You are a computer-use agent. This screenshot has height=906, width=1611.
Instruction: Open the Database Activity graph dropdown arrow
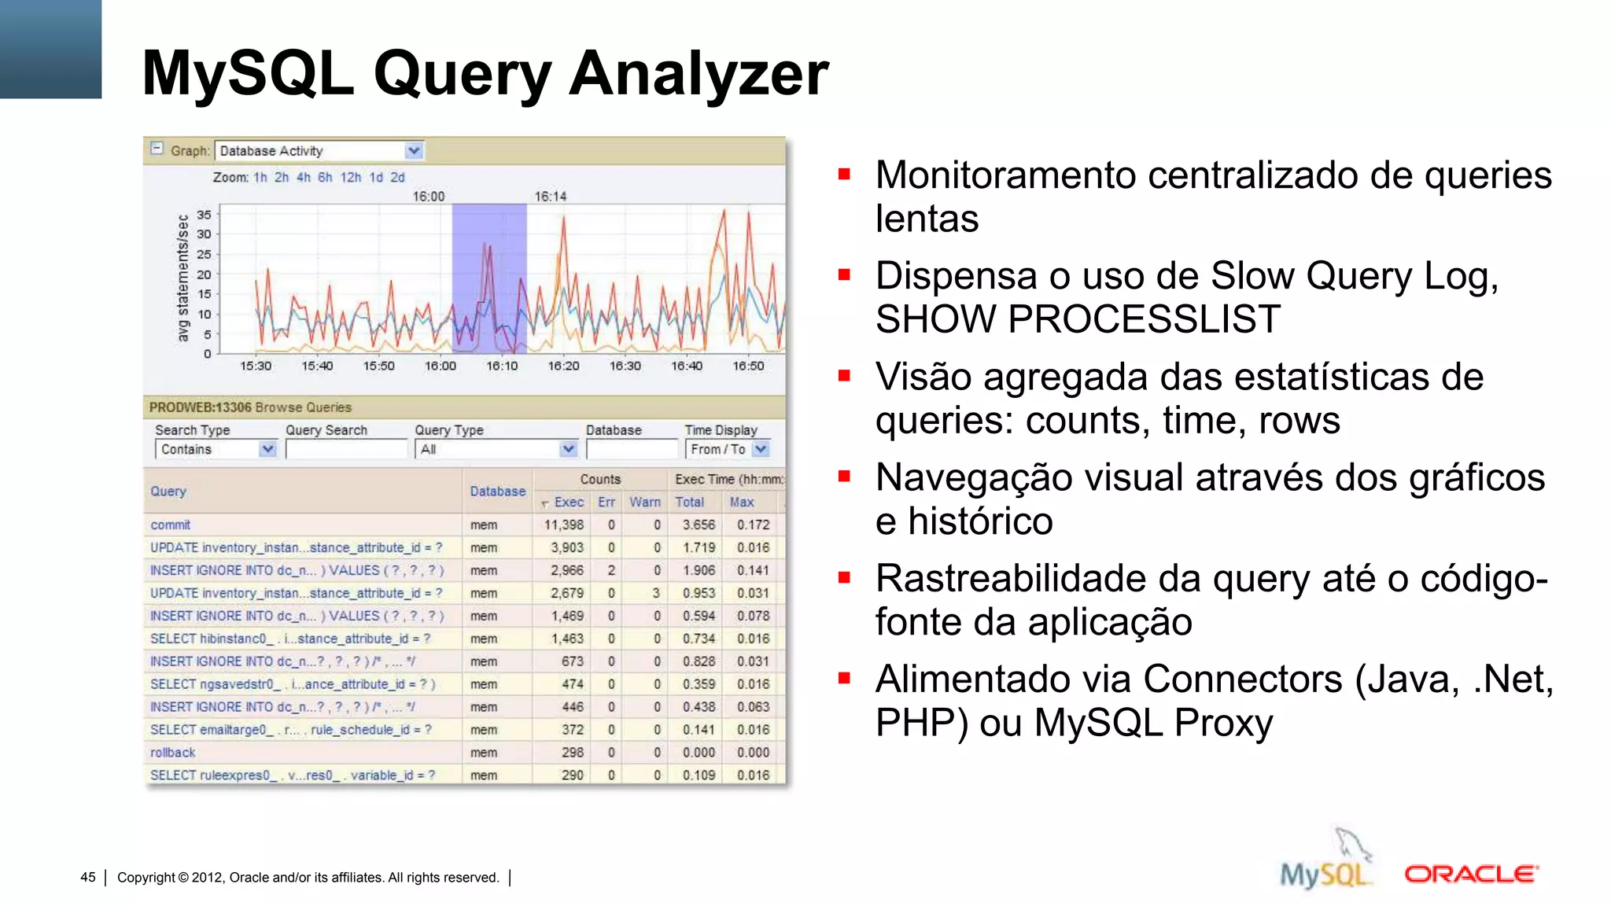(x=414, y=150)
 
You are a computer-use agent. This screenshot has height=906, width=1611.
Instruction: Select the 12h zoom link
(x=350, y=178)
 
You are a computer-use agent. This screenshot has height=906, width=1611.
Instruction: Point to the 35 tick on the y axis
(x=204, y=215)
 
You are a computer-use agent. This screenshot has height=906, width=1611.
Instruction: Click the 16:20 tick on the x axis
(x=563, y=366)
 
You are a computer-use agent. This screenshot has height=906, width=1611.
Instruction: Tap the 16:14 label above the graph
(x=550, y=196)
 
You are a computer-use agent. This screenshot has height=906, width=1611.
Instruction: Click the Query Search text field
(x=346, y=449)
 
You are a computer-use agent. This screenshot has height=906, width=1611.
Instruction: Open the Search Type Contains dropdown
(x=267, y=449)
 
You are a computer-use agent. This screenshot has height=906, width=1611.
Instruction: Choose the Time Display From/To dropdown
(x=760, y=449)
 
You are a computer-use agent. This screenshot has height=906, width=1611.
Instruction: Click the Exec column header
(x=568, y=502)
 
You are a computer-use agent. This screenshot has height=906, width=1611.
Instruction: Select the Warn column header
(x=645, y=502)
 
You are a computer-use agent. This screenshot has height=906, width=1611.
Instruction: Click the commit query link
(x=171, y=525)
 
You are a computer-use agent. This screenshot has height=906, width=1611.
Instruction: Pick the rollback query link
(x=173, y=753)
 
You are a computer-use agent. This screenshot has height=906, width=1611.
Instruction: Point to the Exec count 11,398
(x=563, y=525)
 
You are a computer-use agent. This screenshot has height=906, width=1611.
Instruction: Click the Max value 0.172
(x=753, y=525)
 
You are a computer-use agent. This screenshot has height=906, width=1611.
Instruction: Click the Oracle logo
(x=1471, y=874)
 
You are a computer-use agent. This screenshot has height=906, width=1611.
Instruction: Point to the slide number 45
(x=88, y=878)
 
